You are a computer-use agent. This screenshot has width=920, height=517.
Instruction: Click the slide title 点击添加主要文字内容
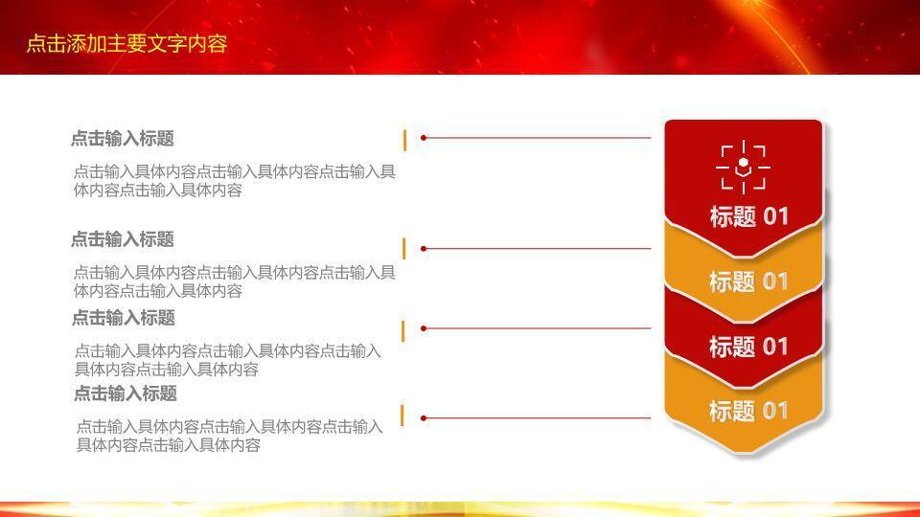pos(126,43)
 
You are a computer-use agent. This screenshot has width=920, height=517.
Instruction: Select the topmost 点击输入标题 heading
pos(123,139)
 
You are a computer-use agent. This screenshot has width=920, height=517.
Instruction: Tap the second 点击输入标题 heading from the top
pos(123,239)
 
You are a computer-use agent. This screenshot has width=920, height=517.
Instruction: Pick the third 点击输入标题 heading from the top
pos(124,318)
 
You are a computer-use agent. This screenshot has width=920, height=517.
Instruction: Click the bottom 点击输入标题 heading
pos(126,393)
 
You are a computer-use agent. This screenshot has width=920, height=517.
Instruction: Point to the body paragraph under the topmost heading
pos(234,181)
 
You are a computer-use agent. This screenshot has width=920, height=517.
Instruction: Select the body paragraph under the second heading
pos(234,281)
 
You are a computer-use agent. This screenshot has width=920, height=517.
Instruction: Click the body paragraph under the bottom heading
pos(229,436)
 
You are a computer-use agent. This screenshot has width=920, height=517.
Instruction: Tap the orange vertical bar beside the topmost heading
pos(404,140)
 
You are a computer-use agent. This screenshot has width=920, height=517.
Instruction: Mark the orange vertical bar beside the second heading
pos(404,249)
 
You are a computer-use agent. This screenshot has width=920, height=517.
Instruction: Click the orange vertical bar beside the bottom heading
pos(402,416)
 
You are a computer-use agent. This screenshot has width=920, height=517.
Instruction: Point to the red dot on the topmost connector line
pos(424,138)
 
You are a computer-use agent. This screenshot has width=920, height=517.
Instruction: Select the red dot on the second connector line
pos(424,249)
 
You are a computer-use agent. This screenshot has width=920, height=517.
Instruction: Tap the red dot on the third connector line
pos(424,328)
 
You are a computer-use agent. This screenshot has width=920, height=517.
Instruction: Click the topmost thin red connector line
pos(537,138)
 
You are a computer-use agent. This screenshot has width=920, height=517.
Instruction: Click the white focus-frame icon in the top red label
pos(743,168)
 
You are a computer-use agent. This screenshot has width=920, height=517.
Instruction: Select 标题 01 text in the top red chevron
pos(748,216)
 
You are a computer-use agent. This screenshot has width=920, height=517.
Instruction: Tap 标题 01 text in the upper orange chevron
pos(748,281)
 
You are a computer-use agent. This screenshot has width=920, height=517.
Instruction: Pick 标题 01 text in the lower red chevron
pos(748,347)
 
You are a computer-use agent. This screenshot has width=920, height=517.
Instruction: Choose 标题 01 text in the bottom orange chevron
pos(748,411)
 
